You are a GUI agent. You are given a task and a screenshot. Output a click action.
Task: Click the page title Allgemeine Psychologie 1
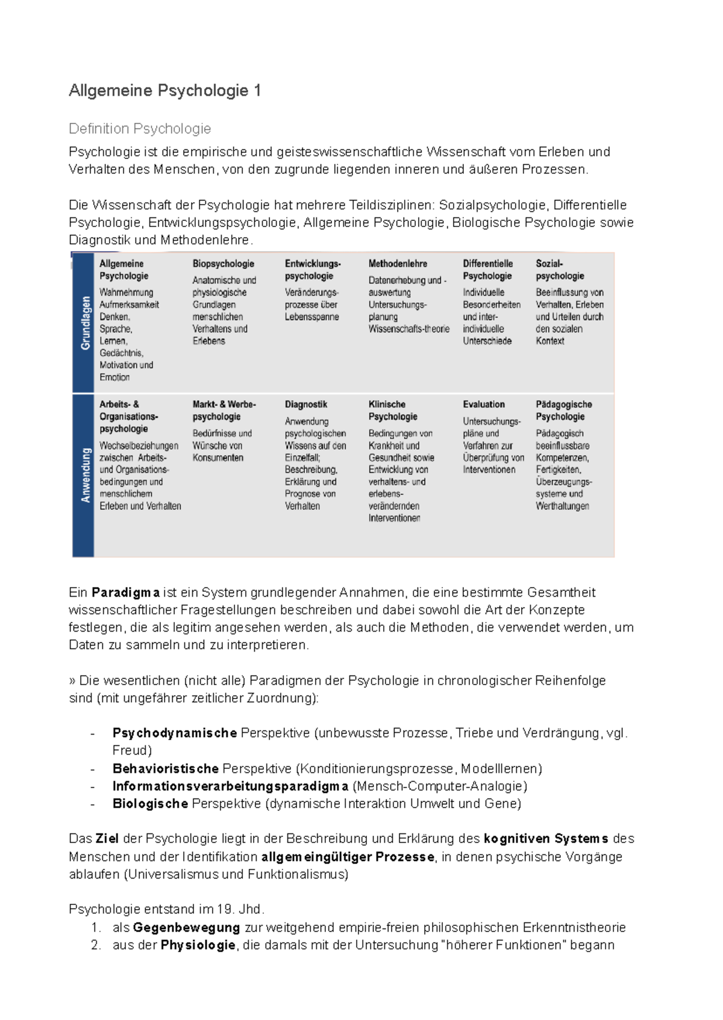click(x=164, y=91)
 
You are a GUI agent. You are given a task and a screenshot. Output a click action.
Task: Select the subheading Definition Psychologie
click(x=140, y=129)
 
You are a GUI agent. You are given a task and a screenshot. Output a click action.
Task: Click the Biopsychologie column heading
click(x=223, y=264)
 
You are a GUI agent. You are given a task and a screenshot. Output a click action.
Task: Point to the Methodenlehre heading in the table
click(x=398, y=264)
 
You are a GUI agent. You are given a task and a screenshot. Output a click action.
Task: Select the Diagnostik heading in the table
click(x=306, y=405)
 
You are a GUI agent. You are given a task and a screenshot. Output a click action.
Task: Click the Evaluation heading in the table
click(x=484, y=405)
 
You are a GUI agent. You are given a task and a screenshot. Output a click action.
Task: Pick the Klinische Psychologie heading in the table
click(x=393, y=411)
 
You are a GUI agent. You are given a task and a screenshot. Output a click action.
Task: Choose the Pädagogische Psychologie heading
click(x=564, y=411)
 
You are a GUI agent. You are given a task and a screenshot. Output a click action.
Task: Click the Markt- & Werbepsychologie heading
click(x=224, y=411)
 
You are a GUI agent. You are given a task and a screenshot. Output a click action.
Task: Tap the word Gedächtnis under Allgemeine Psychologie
click(x=121, y=353)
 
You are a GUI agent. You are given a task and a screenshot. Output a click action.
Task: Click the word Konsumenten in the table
click(x=218, y=458)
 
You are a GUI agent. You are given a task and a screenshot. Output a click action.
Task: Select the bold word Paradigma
click(x=125, y=592)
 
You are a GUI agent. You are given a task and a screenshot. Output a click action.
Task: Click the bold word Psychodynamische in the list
click(x=174, y=733)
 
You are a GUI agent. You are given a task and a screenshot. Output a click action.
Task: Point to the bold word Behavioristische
click(x=165, y=769)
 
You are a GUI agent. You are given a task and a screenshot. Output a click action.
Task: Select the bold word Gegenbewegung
click(x=186, y=928)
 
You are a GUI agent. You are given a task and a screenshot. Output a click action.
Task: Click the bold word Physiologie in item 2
click(x=198, y=945)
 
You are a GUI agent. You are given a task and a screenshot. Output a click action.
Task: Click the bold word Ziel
click(x=107, y=839)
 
